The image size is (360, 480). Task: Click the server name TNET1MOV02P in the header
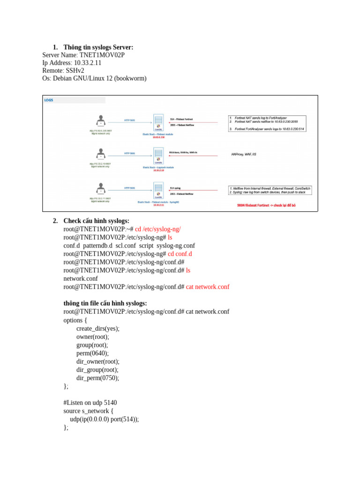coord(102,55)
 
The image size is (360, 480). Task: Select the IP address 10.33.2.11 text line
coord(71,63)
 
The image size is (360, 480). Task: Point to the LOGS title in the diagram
coord(49,100)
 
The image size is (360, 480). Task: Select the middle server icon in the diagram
coord(158,154)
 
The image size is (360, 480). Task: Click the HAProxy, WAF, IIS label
coord(244,154)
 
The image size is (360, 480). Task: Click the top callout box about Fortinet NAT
coord(267,123)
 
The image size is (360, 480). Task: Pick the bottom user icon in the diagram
coord(100,189)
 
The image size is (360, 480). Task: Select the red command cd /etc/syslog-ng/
coord(158,229)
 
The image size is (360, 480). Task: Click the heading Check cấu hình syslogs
coord(96,221)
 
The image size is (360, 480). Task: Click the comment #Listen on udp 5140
coord(90,403)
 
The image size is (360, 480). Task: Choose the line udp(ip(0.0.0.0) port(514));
coord(104,419)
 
